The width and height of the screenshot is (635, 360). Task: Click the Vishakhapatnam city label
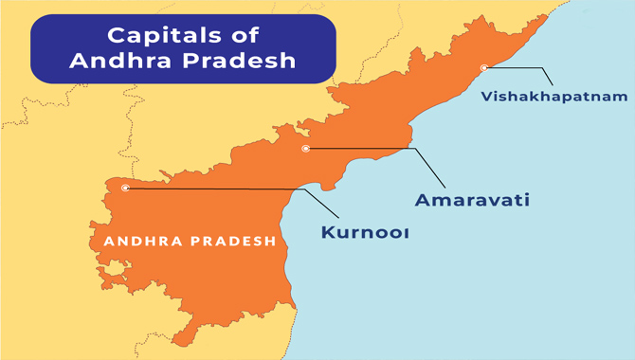553,97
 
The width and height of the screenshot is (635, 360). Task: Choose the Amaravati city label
471,200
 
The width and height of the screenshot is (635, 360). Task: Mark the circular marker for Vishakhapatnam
484,67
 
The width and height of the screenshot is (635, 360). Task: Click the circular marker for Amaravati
305,149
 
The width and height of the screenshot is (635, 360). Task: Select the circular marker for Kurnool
125,188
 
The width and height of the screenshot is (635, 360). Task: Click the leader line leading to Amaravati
379,149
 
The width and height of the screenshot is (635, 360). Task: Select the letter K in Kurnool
327,231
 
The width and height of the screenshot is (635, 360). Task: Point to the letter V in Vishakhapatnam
486,97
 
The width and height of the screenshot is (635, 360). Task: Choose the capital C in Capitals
116,37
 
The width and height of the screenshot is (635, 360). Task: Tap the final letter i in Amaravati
524,200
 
